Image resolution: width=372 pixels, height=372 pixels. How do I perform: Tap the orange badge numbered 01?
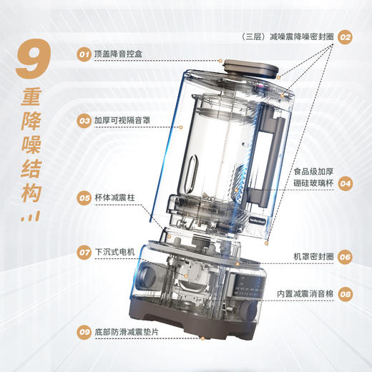84,53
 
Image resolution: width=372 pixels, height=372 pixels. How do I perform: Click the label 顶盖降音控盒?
119,53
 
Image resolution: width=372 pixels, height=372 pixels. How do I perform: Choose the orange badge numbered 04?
346,183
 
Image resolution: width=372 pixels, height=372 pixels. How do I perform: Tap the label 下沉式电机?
114,252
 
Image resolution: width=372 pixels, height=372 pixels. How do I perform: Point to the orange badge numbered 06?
346,256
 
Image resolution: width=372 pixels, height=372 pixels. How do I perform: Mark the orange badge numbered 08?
346,293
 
